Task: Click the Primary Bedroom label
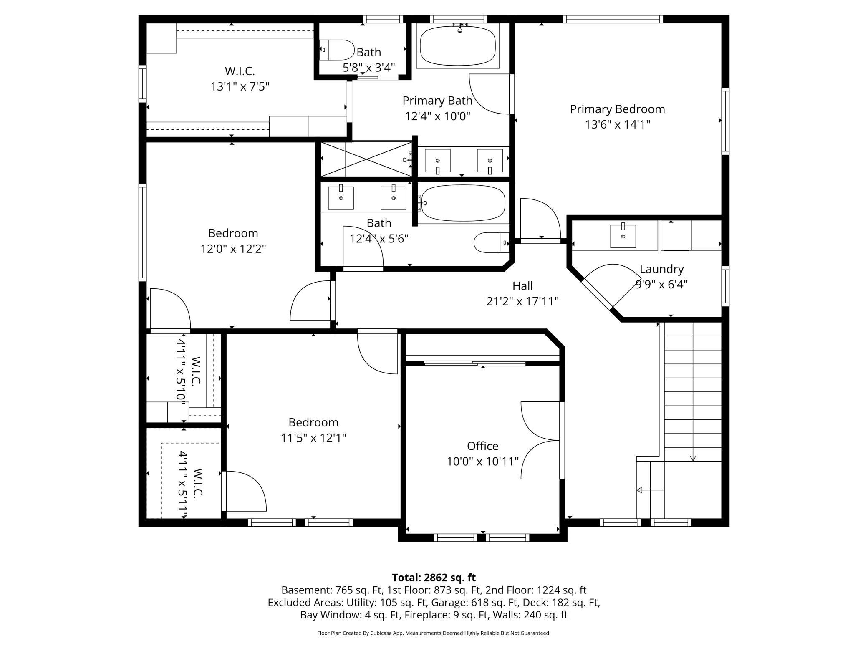[x=617, y=109]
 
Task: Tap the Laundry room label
[x=661, y=269]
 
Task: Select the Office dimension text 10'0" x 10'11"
[x=483, y=461]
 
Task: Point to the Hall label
[x=522, y=286]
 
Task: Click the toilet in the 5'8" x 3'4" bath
[x=337, y=50]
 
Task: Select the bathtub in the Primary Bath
[x=458, y=46]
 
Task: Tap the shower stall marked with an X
[x=366, y=159]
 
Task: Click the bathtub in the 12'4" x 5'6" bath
[x=463, y=203]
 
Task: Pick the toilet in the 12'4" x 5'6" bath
[x=492, y=242]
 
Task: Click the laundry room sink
[x=623, y=236]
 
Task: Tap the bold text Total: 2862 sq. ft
[x=434, y=578]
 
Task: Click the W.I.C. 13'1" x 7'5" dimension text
[x=240, y=86]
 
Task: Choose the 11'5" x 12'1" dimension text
[x=313, y=438]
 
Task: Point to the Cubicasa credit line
[x=434, y=633]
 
